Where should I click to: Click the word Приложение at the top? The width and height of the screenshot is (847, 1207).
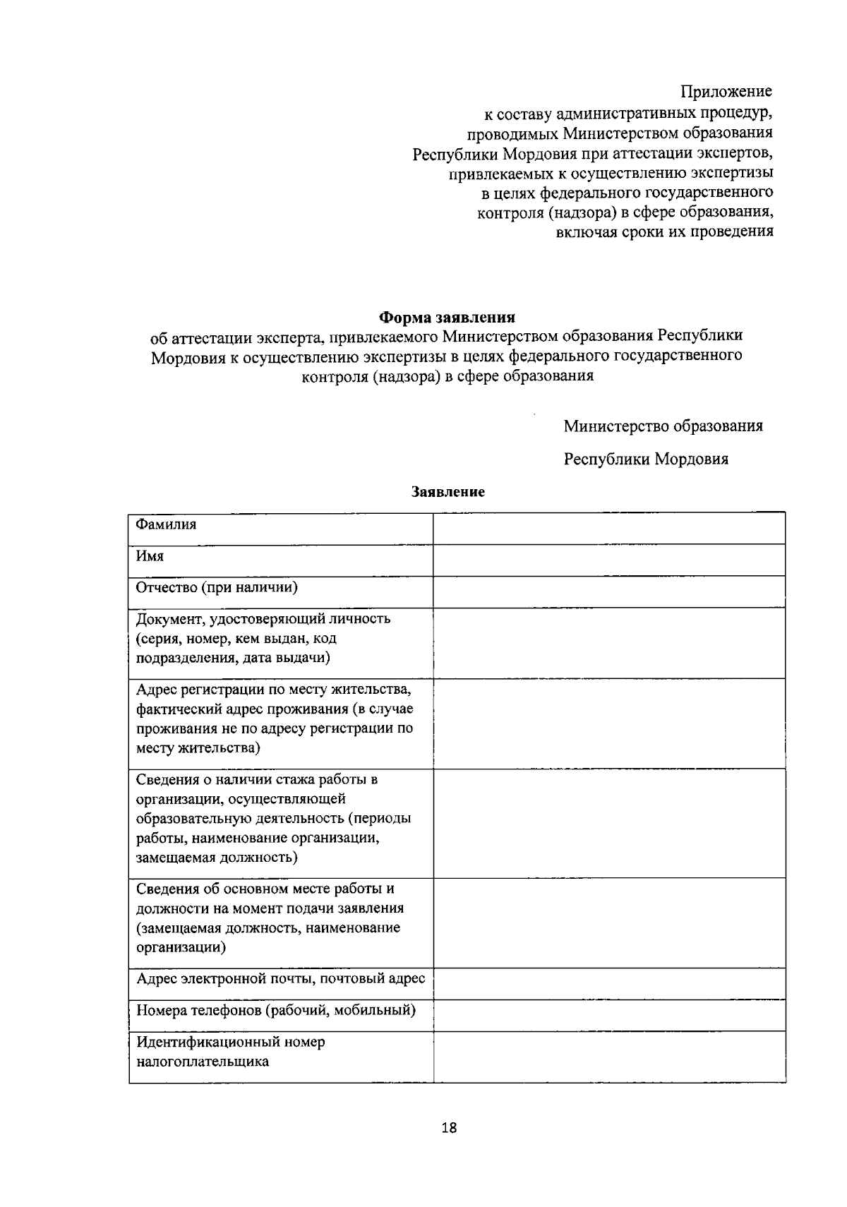pyautogui.click(x=726, y=91)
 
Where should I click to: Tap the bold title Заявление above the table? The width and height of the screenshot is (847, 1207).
pyautogui.click(x=448, y=492)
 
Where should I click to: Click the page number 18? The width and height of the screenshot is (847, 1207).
pyautogui.click(x=449, y=1127)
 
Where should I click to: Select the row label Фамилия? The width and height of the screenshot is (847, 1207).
pyautogui.click(x=166, y=524)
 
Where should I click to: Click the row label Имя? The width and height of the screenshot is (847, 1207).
pyautogui.click(x=150, y=556)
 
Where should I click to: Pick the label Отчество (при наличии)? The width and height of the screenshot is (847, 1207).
pyautogui.click(x=216, y=587)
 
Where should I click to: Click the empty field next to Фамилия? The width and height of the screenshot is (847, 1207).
pyautogui.click(x=608, y=529)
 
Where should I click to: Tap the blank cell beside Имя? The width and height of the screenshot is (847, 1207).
pyautogui.click(x=608, y=560)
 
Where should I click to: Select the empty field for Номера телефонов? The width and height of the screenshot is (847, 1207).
pyautogui.click(x=608, y=1015)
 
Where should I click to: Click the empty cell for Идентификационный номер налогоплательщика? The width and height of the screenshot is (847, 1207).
pyautogui.click(x=608, y=1056)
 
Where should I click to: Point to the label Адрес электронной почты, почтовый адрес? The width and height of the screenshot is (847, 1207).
pyautogui.click(x=280, y=978)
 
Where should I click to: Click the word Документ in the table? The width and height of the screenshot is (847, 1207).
pyautogui.click(x=168, y=619)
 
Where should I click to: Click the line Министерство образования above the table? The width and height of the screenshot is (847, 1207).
pyautogui.click(x=663, y=426)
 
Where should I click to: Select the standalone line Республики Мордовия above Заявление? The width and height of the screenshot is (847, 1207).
pyautogui.click(x=646, y=459)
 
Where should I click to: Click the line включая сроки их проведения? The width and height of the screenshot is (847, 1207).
pyautogui.click(x=663, y=232)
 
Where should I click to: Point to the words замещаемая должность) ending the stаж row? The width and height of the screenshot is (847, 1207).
pyautogui.click(x=216, y=858)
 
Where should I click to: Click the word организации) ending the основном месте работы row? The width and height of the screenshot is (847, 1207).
pyautogui.click(x=181, y=947)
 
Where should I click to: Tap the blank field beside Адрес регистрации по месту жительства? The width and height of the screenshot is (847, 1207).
pyautogui.click(x=608, y=723)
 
